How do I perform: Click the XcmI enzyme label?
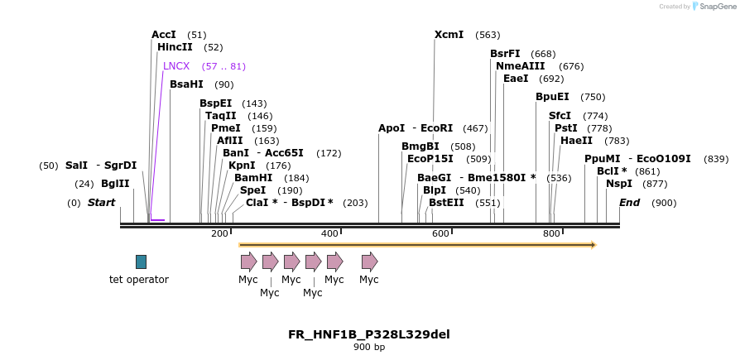click(x=449, y=35)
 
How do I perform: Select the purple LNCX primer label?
click(x=176, y=66)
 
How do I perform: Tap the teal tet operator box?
click(x=141, y=262)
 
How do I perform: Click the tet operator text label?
click(x=139, y=280)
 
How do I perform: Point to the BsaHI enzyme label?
click(x=186, y=84)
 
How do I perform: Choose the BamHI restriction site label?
click(x=253, y=178)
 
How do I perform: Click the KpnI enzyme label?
click(x=242, y=166)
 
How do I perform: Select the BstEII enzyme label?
click(x=446, y=203)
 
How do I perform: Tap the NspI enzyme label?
click(x=618, y=184)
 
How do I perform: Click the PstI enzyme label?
click(x=565, y=128)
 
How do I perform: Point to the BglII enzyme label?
click(x=115, y=184)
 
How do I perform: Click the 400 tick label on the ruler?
click(x=329, y=234)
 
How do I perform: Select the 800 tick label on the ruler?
click(x=551, y=234)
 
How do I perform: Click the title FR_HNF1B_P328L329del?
click(x=369, y=334)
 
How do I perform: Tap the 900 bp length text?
click(x=369, y=348)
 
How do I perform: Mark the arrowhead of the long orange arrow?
click(x=592, y=245)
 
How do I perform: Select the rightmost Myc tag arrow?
click(x=369, y=262)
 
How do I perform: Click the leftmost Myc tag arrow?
click(x=248, y=262)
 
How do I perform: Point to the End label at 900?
click(x=629, y=203)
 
